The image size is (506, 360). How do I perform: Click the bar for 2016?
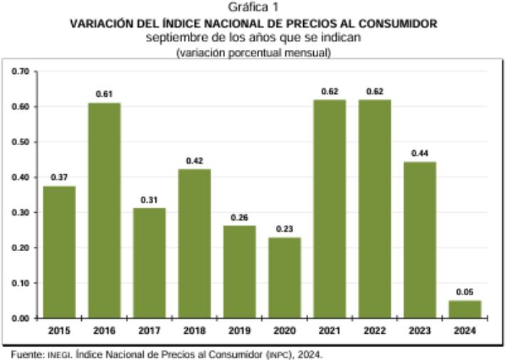(105, 211)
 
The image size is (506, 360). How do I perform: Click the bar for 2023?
(419, 240)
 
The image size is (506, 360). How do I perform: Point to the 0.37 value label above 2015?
(60, 177)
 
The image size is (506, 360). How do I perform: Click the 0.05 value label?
(465, 291)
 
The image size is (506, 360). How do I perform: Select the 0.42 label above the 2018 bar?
(195, 160)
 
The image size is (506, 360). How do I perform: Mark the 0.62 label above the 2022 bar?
(375, 91)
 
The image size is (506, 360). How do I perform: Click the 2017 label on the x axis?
(150, 331)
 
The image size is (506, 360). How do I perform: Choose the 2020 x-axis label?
(285, 331)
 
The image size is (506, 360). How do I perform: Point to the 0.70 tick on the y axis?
(23, 72)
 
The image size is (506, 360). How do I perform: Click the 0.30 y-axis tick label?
(23, 213)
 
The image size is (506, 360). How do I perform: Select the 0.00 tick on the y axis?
(23, 319)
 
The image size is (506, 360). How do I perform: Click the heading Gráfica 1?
(253, 9)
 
